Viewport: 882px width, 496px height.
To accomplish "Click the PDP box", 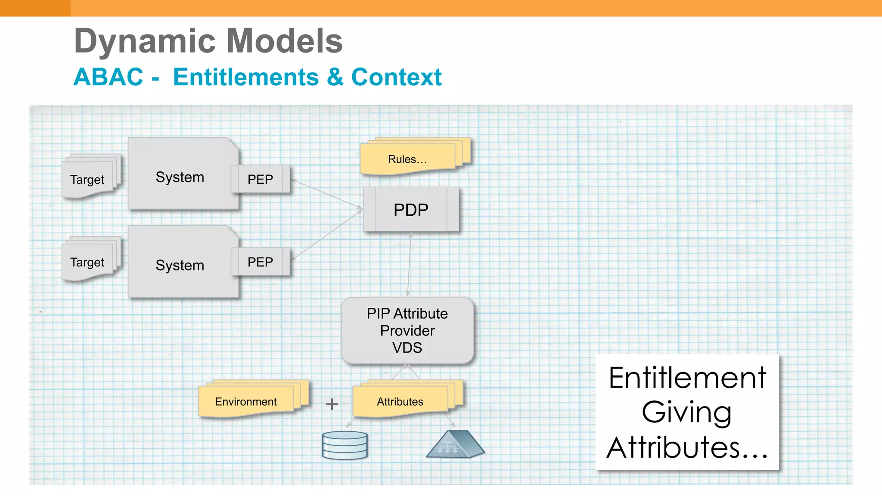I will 411,210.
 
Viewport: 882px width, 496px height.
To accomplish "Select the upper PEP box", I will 260,179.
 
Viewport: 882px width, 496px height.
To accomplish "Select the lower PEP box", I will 260,262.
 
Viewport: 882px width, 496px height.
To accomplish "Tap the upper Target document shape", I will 87,179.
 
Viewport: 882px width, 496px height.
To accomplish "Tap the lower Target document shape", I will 87,262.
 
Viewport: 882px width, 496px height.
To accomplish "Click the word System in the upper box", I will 180,177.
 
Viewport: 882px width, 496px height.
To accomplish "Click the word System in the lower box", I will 180,265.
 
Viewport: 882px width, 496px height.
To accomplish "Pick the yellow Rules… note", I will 407,159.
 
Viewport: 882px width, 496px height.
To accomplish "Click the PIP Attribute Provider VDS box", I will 407,330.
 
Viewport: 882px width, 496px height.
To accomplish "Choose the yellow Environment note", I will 246,401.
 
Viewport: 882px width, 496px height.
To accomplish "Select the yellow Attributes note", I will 400,401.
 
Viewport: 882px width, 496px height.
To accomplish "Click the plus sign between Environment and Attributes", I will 332,404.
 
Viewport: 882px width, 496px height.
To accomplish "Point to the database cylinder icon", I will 345,445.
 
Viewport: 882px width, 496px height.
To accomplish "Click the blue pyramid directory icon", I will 455,445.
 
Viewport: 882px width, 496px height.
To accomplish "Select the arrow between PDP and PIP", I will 409,264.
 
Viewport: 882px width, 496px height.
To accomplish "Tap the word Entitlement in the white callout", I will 687,378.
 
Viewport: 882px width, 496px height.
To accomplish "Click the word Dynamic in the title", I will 145,41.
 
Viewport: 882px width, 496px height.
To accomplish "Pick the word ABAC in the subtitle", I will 108,77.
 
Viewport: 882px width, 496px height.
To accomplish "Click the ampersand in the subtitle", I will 335,77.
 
